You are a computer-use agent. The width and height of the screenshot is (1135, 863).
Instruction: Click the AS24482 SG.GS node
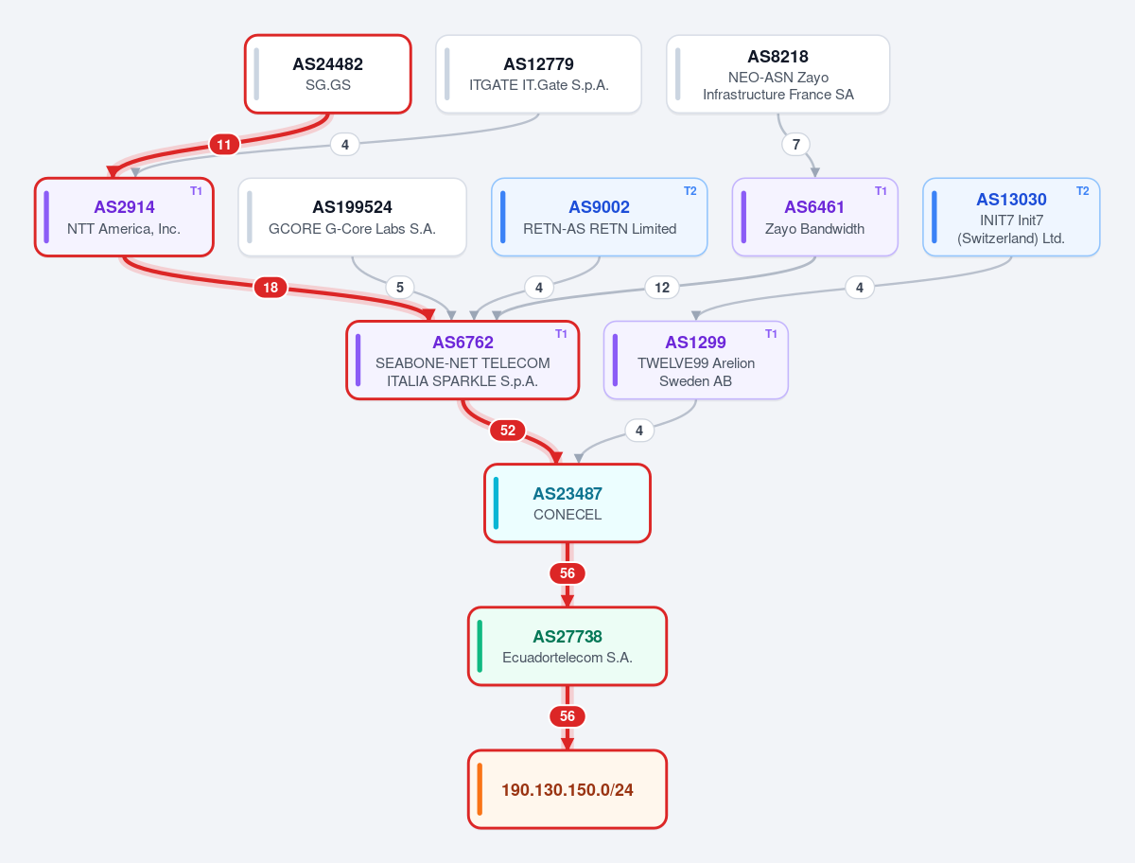click(328, 74)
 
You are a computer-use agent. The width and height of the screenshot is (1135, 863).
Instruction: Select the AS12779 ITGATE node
click(538, 74)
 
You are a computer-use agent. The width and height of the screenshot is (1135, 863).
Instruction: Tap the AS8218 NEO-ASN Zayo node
click(777, 74)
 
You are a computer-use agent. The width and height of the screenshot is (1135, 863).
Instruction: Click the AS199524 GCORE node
click(352, 218)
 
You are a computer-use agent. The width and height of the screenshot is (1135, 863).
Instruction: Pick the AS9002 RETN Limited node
click(600, 218)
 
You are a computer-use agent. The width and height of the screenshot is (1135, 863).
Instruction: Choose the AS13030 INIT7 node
click(1011, 218)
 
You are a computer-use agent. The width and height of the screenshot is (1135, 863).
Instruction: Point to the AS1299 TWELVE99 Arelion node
click(695, 361)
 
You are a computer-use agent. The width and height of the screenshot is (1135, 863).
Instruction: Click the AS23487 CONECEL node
click(567, 503)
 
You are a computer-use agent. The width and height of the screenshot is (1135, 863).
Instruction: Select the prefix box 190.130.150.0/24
click(567, 789)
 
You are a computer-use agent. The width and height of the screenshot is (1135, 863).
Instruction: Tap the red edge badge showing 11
click(224, 145)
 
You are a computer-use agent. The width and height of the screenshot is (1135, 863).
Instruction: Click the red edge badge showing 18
click(271, 288)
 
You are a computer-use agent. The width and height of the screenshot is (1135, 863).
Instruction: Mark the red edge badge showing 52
click(508, 431)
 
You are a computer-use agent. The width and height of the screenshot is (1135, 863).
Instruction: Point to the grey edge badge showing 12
click(662, 288)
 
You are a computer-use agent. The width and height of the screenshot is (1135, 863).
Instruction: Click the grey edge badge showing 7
click(795, 144)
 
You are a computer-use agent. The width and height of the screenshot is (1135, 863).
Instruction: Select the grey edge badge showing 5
click(400, 288)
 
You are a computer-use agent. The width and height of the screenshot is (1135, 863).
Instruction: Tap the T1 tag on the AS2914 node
click(196, 191)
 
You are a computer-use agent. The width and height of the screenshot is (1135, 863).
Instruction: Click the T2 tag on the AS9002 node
click(690, 191)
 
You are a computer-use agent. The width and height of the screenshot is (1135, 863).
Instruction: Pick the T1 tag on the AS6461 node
click(881, 191)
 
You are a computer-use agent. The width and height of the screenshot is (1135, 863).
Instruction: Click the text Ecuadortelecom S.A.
click(567, 658)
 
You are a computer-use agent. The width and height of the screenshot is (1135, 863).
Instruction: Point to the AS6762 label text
click(463, 343)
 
